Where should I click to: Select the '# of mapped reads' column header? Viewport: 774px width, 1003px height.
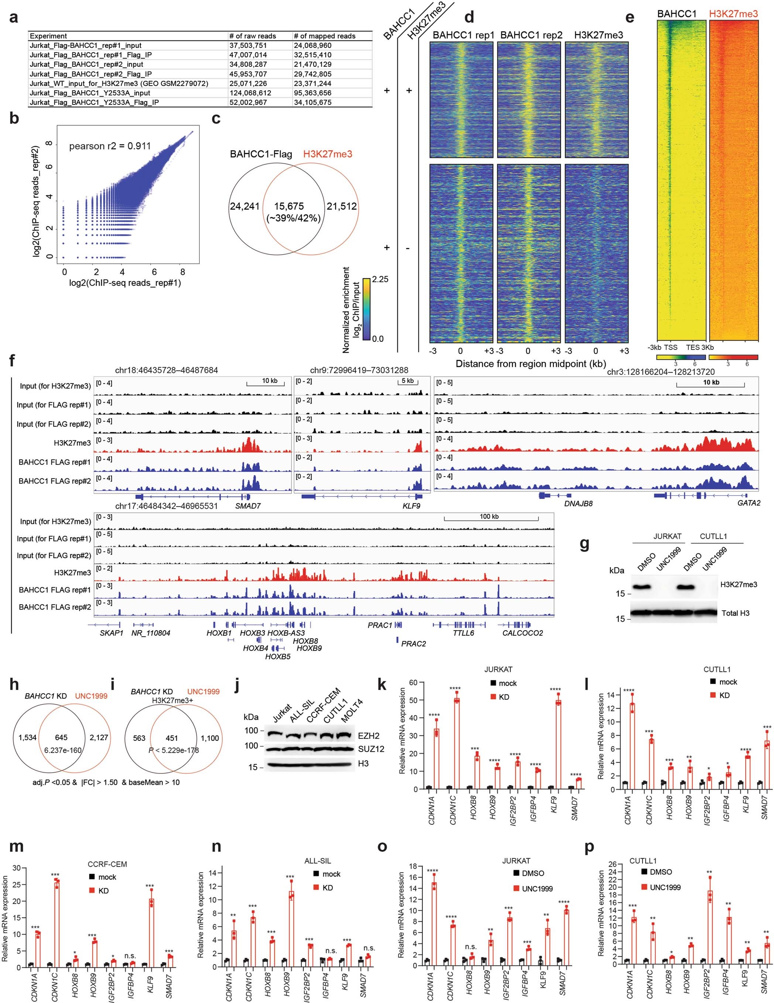tap(324, 36)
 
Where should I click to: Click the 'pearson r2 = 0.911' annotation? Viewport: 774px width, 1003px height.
tap(110, 146)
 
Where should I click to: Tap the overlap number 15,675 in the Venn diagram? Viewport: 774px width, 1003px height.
tap(289, 207)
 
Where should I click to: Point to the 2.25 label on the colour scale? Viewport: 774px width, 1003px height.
tap(380, 279)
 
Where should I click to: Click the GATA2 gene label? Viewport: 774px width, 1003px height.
tap(749, 503)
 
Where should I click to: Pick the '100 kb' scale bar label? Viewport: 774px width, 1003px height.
tap(489, 517)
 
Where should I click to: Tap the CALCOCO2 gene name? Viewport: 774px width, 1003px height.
tap(522, 633)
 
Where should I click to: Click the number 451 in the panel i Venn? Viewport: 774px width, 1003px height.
tap(172, 738)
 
